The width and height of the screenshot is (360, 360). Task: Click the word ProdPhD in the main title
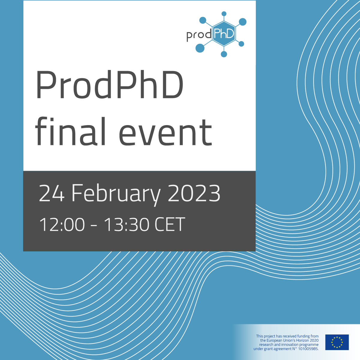[109, 85]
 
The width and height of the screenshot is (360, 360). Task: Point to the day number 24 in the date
[52, 193]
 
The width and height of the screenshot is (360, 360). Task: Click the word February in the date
[116, 194]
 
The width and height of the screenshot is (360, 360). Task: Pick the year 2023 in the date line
[194, 193]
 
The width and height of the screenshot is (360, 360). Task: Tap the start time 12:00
[62, 225]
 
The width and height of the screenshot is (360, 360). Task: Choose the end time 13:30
[126, 225]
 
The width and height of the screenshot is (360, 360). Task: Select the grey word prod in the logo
[199, 35]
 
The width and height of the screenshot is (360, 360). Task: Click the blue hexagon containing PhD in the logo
[223, 34]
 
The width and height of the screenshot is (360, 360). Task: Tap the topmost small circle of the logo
[223, 13]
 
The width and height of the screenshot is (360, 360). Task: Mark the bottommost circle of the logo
[224, 54]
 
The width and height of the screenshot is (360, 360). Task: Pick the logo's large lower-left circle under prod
[200, 48]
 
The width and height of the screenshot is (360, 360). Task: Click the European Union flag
[337, 342]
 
